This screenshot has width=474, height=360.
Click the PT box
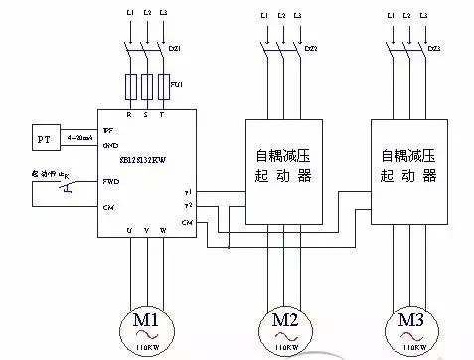click(x=42, y=137)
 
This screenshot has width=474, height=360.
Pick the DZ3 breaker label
click(x=434, y=47)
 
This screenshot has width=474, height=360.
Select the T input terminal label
click(x=165, y=113)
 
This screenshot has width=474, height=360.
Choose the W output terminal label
click(x=165, y=231)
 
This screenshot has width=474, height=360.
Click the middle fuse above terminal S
click(x=147, y=86)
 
